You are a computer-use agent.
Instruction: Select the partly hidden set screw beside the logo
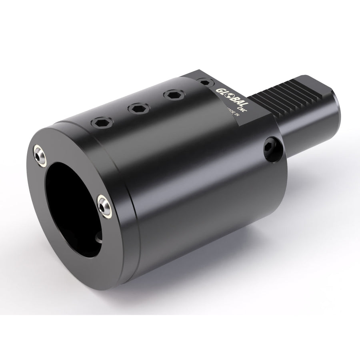pyautogui.click(x=205, y=82)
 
